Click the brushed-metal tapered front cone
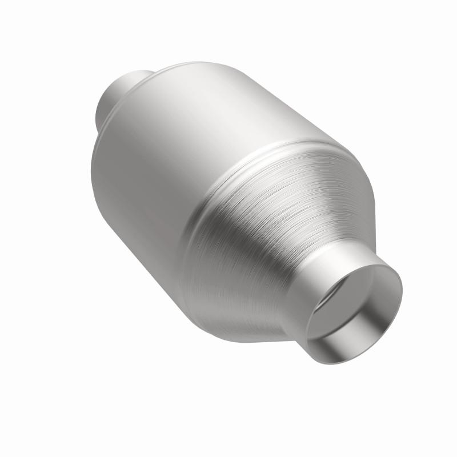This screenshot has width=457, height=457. (268, 228)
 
